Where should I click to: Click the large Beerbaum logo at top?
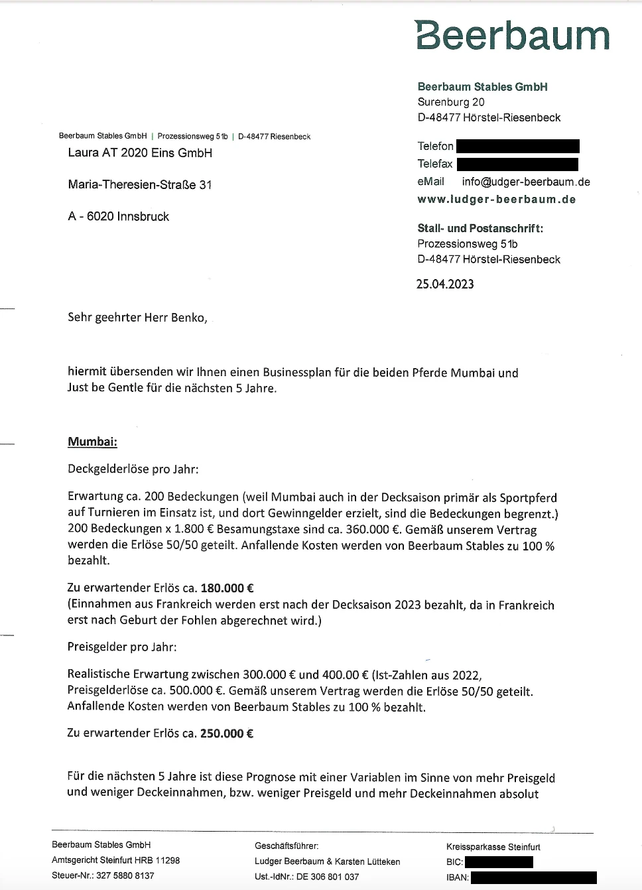tap(512, 35)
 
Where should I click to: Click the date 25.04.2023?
tap(445, 285)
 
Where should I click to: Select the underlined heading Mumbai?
tap(92, 442)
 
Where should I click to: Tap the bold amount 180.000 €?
tap(227, 588)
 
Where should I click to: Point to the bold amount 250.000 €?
tap(227, 733)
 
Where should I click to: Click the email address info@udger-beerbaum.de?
tap(526, 182)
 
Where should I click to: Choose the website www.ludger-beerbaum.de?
tap(497, 200)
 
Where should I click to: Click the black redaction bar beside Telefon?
tap(518, 146)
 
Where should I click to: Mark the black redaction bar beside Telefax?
tap(517, 164)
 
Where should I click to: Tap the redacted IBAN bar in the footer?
tap(533, 877)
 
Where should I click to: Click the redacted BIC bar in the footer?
tap(499, 862)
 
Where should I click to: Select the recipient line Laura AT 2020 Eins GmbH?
tap(140, 153)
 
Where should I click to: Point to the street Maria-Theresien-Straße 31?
tap(140, 184)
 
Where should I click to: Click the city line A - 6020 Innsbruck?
tap(119, 217)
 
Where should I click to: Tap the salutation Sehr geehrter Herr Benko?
tap(137, 318)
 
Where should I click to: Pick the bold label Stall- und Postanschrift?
tap(480, 229)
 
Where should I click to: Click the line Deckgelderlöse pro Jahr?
tap(133, 470)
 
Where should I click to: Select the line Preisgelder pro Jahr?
tap(122, 647)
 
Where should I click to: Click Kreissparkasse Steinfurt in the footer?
tap(493, 847)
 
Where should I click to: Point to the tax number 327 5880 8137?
tap(125, 875)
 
